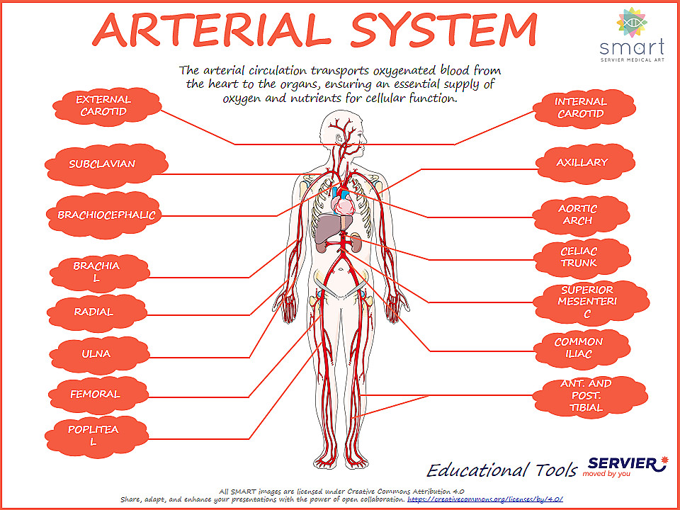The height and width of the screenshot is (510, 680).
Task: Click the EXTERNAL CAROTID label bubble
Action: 103,106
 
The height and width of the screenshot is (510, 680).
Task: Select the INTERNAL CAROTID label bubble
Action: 580,108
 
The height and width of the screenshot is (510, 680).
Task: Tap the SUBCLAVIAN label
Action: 102,164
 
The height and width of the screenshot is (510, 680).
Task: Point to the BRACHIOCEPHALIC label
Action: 106,215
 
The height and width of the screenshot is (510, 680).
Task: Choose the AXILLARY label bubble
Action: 582,162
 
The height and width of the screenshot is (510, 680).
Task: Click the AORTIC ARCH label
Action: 578,215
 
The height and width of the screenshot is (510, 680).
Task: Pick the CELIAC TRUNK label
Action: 579,257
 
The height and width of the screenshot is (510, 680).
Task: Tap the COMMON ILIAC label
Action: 579,348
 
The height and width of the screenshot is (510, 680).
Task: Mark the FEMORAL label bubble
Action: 95,394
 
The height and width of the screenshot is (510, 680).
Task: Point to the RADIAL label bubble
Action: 93,312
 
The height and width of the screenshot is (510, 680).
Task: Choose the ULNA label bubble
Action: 96,353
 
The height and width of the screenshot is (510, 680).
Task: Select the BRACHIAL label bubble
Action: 96,272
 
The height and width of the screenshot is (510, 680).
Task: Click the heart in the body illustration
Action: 345,206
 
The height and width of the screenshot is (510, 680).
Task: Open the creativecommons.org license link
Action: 485,499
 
